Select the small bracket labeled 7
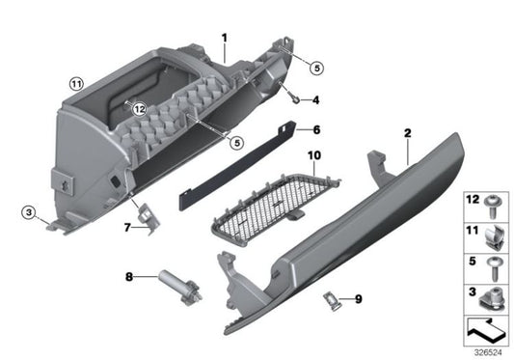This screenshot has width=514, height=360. click(145, 220)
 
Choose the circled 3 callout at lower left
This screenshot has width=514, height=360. click(30, 212)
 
